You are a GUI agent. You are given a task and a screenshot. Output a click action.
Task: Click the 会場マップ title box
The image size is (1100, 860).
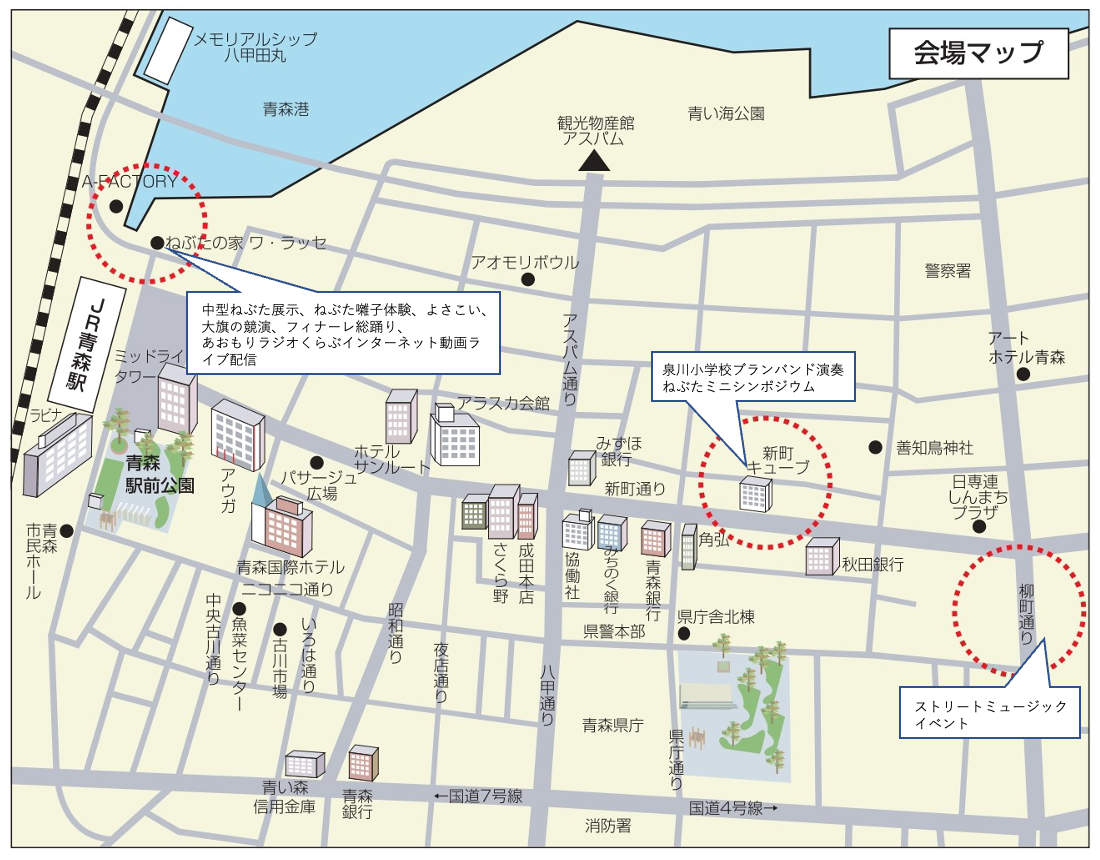[x=978, y=53]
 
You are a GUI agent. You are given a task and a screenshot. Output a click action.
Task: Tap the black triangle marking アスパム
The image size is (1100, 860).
[x=596, y=160]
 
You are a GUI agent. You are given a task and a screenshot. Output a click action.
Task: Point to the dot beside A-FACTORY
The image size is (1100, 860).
[x=116, y=207]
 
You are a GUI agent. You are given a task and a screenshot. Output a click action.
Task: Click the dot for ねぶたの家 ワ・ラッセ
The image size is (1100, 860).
[x=157, y=242]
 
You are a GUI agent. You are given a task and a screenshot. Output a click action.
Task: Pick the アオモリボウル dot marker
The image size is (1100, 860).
[x=528, y=280]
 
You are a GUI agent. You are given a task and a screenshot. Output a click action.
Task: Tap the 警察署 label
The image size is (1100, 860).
[x=947, y=271]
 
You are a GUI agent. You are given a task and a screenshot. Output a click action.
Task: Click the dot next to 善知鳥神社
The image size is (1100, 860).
[x=875, y=447]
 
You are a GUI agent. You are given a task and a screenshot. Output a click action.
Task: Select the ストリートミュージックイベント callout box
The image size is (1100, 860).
[x=989, y=712]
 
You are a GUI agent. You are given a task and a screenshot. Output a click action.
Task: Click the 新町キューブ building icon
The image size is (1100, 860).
[x=755, y=494]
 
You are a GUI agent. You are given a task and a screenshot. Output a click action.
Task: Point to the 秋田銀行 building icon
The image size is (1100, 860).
[x=821, y=557]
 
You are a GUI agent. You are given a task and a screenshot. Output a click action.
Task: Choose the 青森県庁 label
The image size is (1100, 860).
[x=612, y=725]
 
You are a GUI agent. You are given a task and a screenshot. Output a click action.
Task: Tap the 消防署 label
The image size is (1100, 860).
[x=608, y=825]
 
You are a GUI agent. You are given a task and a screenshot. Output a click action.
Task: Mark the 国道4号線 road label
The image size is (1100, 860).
[x=732, y=807]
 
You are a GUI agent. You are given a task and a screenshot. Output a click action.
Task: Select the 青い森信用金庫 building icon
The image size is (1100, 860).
[x=304, y=764]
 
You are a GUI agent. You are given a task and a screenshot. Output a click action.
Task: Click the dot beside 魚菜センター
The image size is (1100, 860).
[x=239, y=608]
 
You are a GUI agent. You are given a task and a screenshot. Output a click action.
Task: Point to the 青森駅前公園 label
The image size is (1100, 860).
[x=159, y=474]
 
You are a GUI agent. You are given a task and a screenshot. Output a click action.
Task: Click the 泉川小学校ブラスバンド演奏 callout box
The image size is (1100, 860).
[x=752, y=378]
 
